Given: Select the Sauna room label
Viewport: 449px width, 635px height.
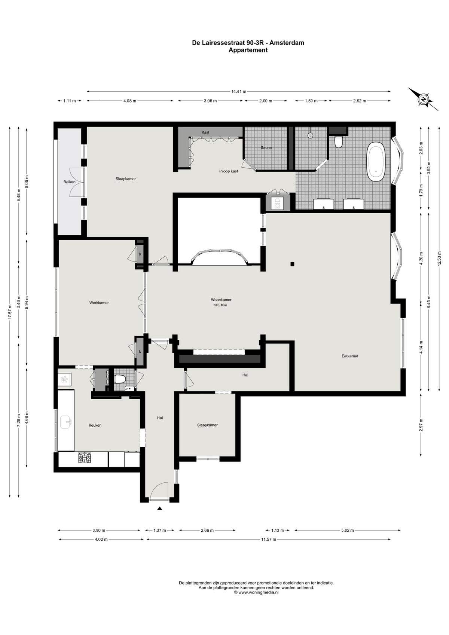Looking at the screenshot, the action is (x=266, y=147).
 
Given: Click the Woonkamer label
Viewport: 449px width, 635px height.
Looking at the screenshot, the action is (x=221, y=300).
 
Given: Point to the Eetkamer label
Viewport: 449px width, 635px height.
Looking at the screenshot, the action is (x=350, y=356).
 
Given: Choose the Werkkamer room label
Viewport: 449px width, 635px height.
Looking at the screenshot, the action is (x=99, y=302).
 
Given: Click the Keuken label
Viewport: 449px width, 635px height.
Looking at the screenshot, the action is (x=95, y=425).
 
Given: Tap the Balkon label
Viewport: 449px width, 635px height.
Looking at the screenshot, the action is (x=70, y=182).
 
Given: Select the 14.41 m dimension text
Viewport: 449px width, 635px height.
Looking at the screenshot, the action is (x=239, y=91).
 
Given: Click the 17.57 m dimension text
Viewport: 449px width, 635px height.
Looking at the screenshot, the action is (x=10, y=312).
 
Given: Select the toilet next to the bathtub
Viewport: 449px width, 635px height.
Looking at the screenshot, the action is (x=338, y=142).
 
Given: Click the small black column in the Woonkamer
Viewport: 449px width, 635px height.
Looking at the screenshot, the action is (x=293, y=264).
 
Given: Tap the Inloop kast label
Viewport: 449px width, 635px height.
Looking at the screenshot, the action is (x=229, y=171).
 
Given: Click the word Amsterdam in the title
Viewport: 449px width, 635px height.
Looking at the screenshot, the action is (x=287, y=43).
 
